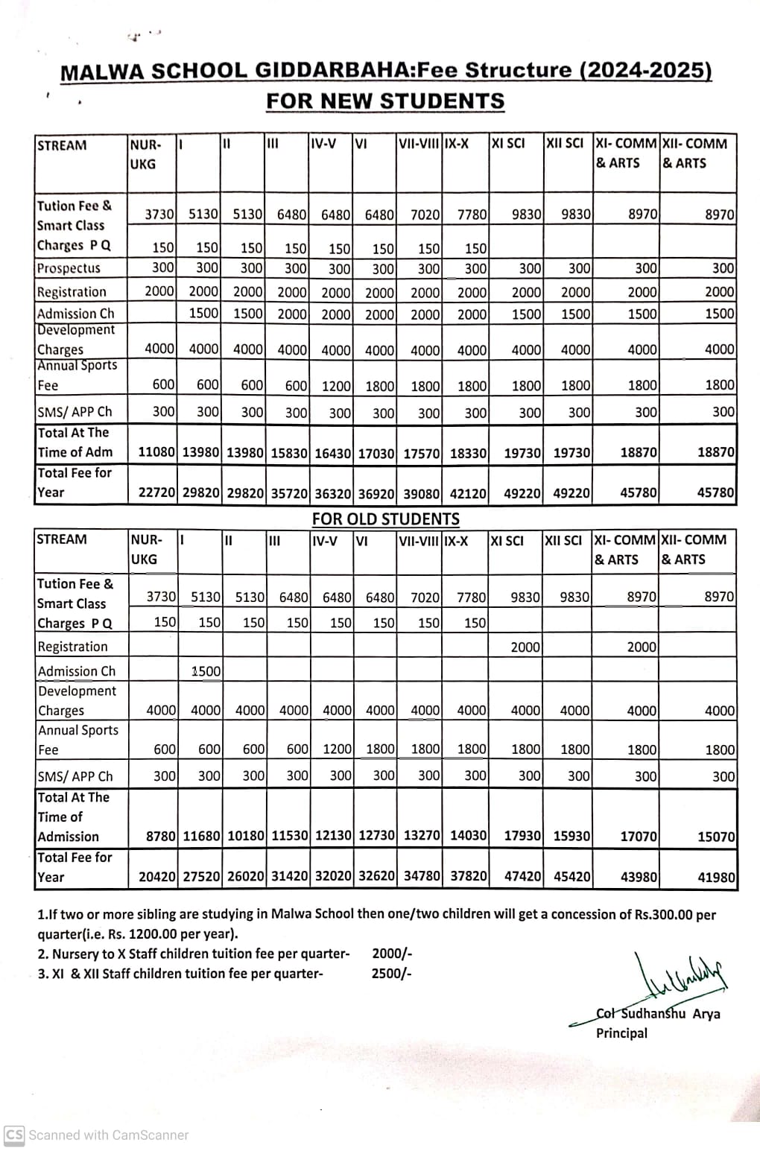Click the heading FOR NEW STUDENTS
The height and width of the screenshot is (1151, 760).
click(x=385, y=101)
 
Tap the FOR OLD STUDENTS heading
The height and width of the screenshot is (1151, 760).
click(x=385, y=519)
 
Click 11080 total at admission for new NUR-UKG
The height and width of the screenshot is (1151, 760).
click(x=157, y=452)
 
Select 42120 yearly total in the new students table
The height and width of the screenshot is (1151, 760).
click(x=469, y=492)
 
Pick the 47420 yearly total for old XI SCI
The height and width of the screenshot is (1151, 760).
click(x=522, y=877)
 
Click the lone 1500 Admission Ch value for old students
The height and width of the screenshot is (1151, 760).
click(x=206, y=671)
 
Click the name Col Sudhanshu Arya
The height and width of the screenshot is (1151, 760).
click(x=658, y=1013)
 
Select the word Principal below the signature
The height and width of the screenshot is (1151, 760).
click(x=621, y=1033)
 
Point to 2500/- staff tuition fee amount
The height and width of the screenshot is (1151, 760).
click(x=391, y=973)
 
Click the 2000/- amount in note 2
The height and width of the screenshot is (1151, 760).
click(x=391, y=954)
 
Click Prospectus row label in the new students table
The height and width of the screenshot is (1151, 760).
click(x=69, y=268)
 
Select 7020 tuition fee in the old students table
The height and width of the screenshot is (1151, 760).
click(x=425, y=597)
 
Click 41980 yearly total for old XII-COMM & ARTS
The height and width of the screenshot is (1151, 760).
click(x=716, y=878)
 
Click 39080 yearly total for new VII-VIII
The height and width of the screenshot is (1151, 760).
click(x=421, y=492)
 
